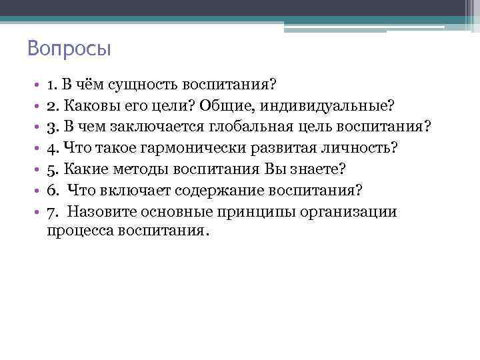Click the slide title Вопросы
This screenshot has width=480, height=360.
[69, 49]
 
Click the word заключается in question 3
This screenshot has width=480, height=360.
[161, 127]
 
